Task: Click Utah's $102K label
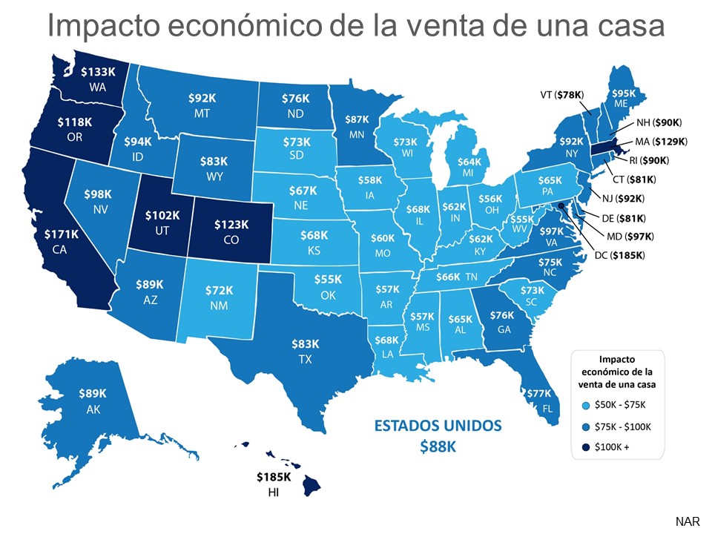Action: point(161,216)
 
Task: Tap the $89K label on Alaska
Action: point(93,393)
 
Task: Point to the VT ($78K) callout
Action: point(561,94)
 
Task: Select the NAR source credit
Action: point(687,521)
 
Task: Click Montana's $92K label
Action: point(202,97)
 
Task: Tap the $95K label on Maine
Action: point(622,94)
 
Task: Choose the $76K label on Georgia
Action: point(501,317)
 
